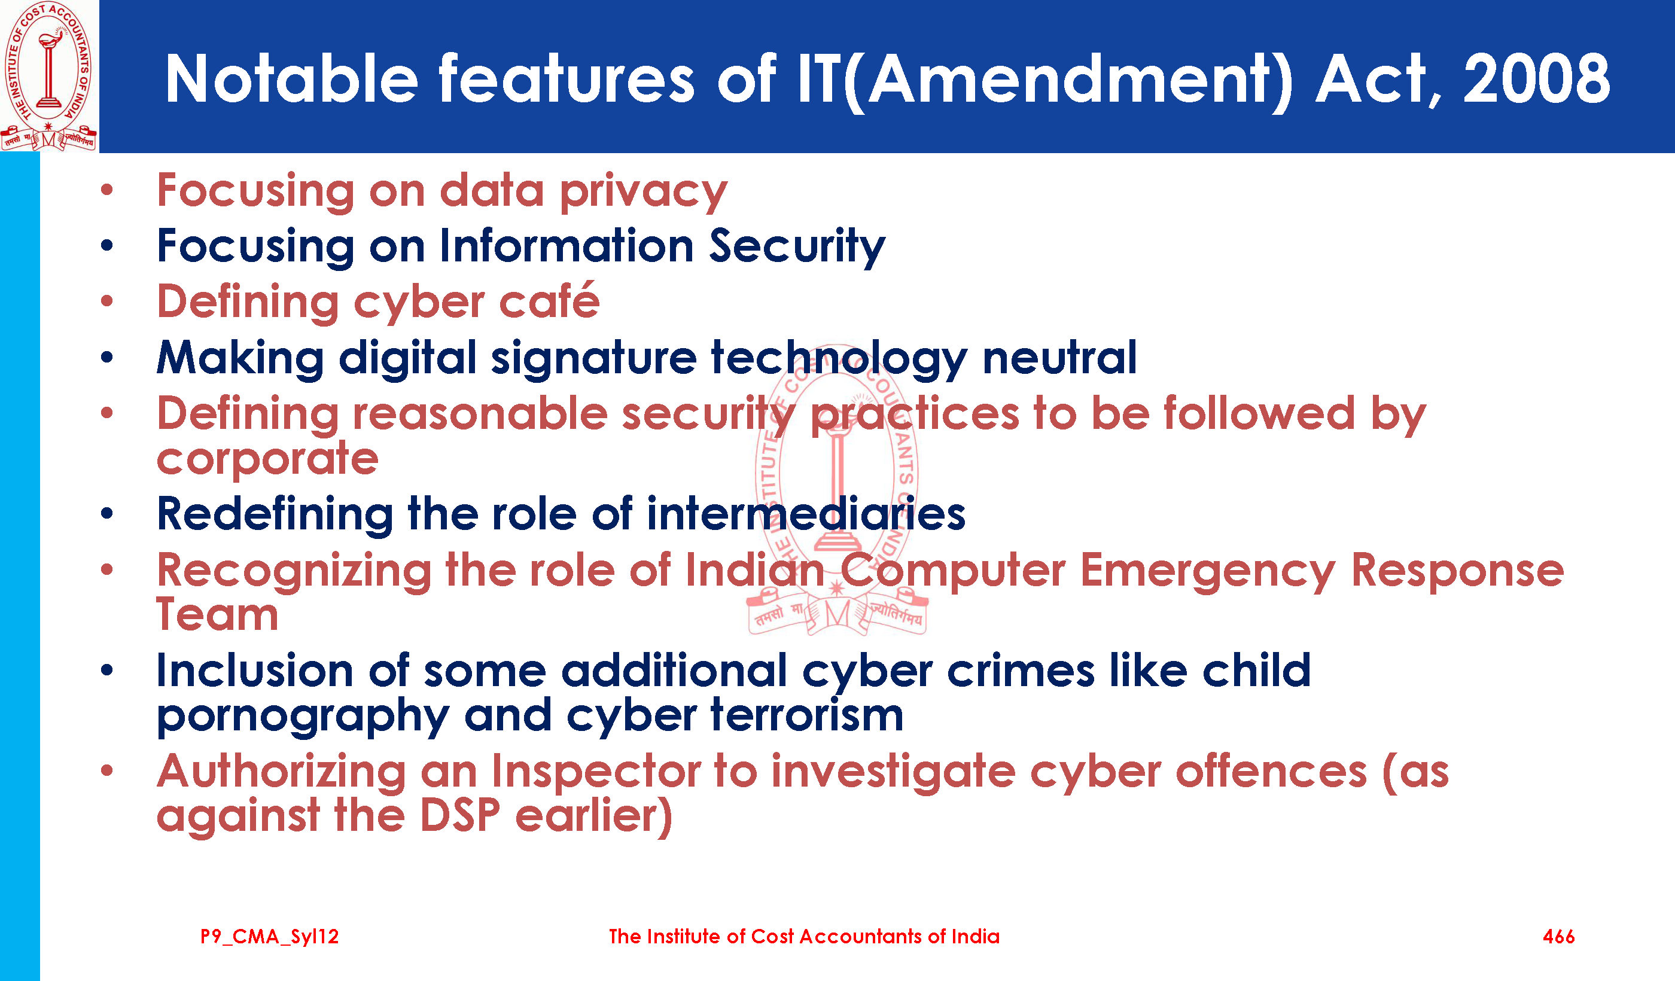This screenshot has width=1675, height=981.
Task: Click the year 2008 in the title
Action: tap(1536, 79)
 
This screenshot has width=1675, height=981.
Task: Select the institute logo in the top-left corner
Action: tap(48, 76)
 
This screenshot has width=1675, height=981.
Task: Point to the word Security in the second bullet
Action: tap(797, 246)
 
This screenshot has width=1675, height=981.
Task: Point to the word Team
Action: tap(217, 614)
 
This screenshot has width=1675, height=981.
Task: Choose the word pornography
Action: tap(303, 717)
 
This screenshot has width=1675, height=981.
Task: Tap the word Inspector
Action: tap(596, 772)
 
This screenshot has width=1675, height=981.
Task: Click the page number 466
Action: tap(1559, 937)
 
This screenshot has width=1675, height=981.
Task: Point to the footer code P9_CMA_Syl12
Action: tap(270, 937)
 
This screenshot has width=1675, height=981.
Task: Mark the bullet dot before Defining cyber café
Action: tap(107, 301)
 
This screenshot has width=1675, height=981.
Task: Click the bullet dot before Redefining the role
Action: tap(107, 513)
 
